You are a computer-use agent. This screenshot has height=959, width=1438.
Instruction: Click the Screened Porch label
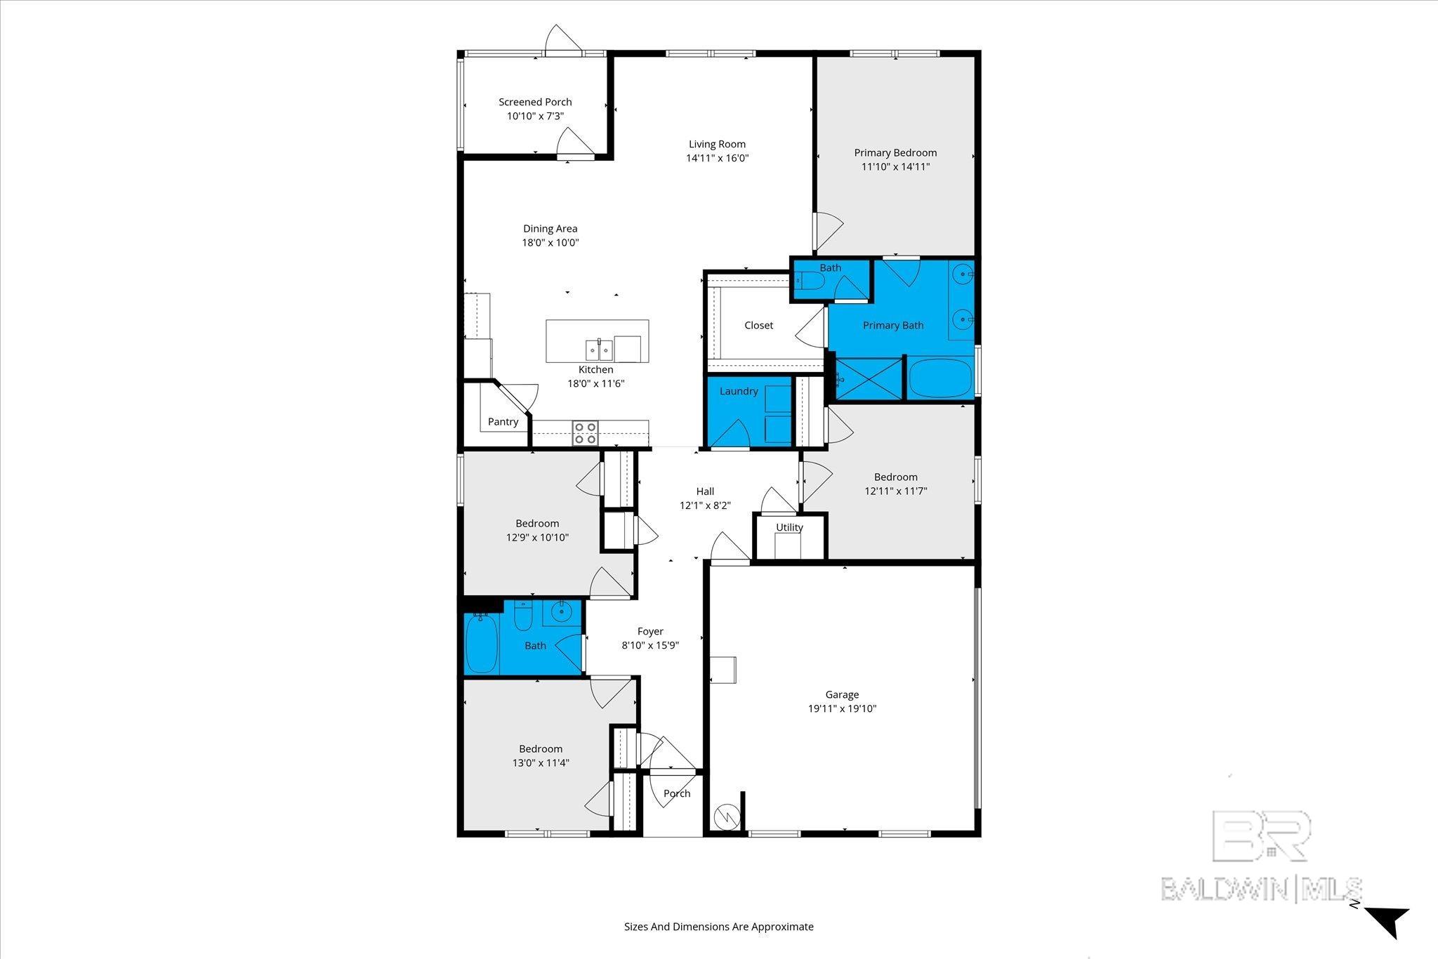pyautogui.click(x=535, y=102)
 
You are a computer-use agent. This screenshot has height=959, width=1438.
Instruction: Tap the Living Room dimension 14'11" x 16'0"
pyautogui.click(x=717, y=159)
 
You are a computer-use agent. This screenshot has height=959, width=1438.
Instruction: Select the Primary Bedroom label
pyautogui.click(x=895, y=152)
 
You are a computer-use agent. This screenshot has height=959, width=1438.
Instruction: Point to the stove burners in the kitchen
pyautogui.click(x=585, y=432)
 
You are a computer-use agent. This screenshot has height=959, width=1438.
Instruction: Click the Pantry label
pyautogui.click(x=503, y=422)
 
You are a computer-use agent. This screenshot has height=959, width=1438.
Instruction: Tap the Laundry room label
pyautogui.click(x=738, y=391)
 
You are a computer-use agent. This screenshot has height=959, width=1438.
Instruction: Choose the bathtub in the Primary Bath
pyautogui.click(x=940, y=378)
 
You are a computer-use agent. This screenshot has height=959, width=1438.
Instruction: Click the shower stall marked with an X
pyautogui.click(x=868, y=378)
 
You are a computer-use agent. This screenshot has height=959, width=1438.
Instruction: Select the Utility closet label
pyautogui.click(x=789, y=527)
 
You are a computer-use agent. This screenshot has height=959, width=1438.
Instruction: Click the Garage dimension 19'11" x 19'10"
pyautogui.click(x=842, y=709)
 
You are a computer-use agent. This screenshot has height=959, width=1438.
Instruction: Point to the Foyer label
pyautogui.click(x=650, y=631)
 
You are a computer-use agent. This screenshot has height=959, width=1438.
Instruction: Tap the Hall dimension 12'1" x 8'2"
pyautogui.click(x=705, y=505)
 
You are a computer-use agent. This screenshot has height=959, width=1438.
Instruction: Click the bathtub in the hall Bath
pyautogui.click(x=482, y=644)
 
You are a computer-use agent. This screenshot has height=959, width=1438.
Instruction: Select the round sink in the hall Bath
pyautogui.click(x=562, y=612)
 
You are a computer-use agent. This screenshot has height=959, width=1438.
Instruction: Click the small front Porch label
pyautogui.click(x=677, y=793)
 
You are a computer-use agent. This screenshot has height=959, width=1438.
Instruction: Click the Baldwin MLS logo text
pyautogui.click(x=1261, y=889)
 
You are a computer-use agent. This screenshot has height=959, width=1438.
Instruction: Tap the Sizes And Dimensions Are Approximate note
pyautogui.click(x=718, y=927)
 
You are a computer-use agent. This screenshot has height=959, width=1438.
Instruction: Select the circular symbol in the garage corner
pyautogui.click(x=726, y=816)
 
